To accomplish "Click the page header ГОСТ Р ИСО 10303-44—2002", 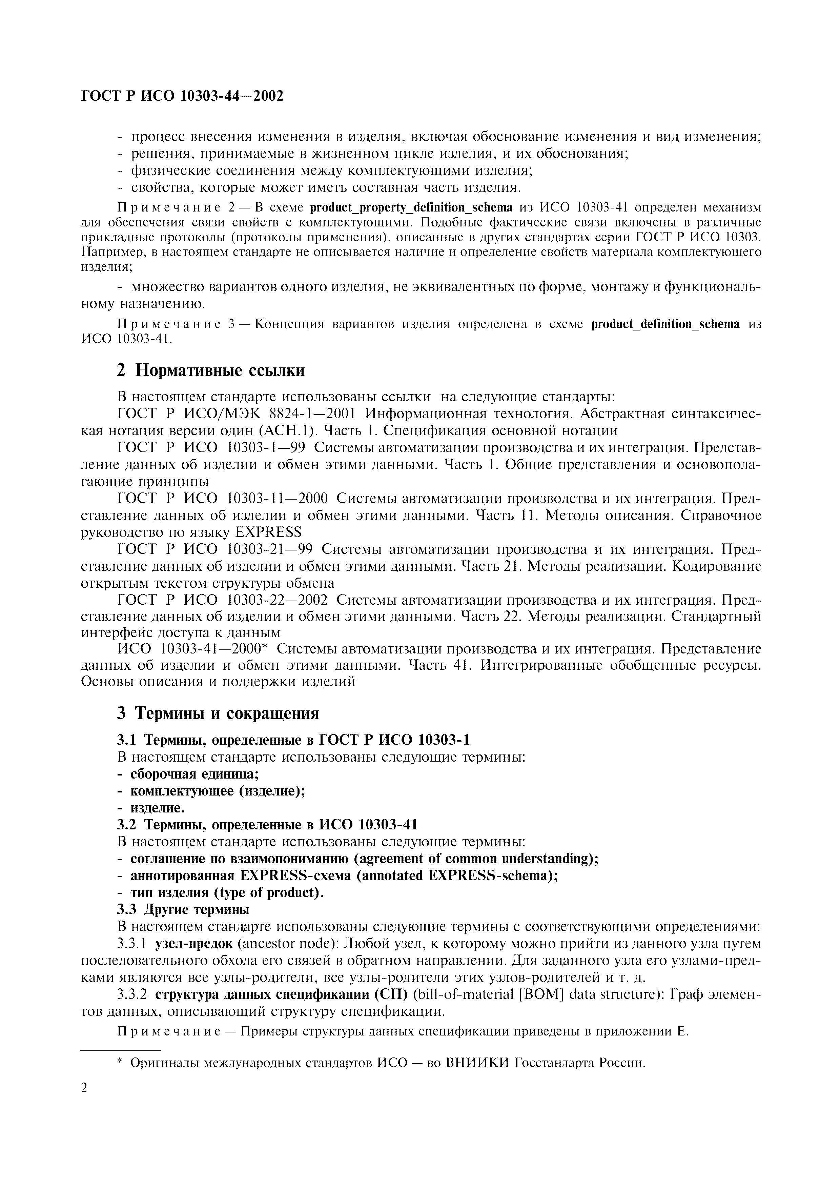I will coord(183,96).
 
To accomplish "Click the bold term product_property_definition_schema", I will coord(411,208).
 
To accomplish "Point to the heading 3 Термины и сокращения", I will coord(218,713).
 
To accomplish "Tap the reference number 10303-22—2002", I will coord(278,600).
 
